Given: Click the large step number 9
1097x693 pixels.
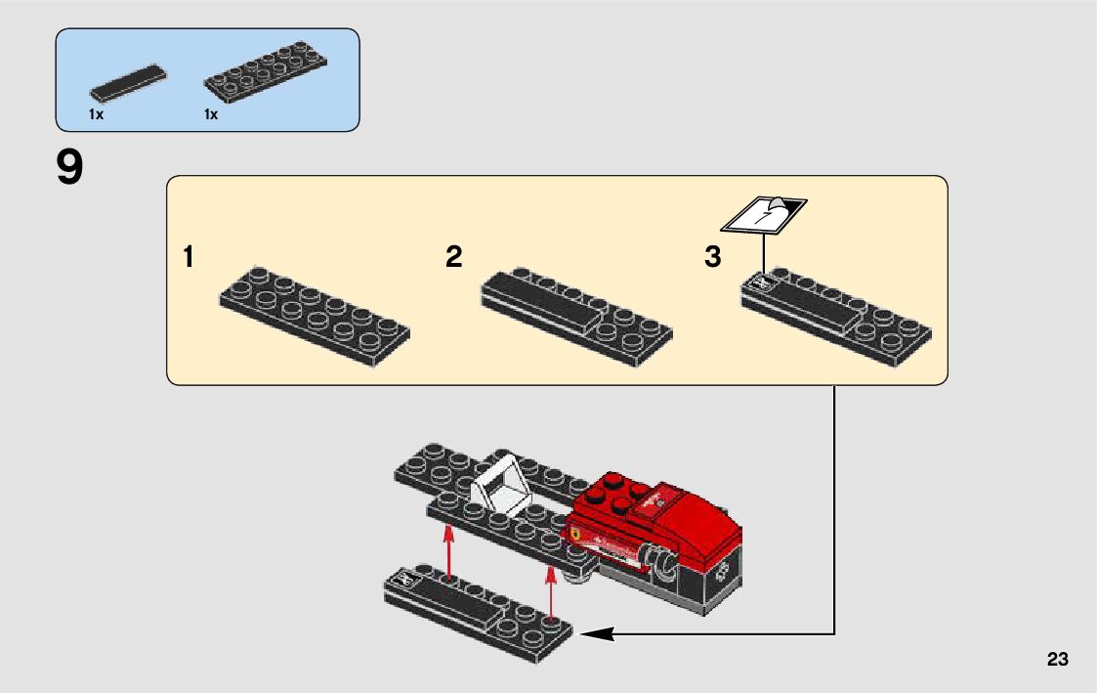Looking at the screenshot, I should (70, 168).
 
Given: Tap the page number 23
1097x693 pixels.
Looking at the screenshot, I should (1057, 660).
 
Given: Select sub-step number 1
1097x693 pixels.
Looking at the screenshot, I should (188, 258).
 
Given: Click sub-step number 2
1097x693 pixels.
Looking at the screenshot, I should (453, 257).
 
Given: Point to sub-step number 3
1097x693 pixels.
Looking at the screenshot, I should (713, 258).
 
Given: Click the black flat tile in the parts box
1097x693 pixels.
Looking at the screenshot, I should (126, 83).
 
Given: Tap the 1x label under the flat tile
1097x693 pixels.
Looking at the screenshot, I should (96, 114).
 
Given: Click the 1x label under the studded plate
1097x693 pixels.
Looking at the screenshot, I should (211, 114).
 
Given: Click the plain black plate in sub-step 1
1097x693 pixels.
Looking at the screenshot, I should (312, 314).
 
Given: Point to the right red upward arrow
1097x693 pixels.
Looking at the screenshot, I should (552, 592).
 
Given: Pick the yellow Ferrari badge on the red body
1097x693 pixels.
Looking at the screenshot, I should (579, 537).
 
